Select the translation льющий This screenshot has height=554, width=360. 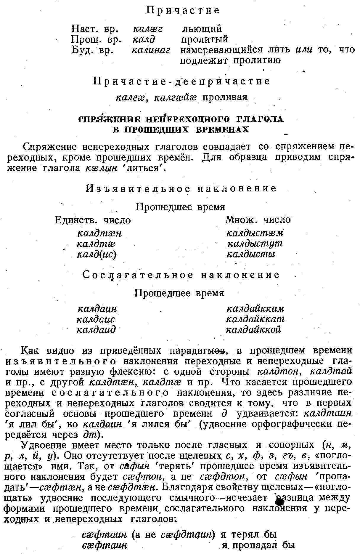tap(201, 29)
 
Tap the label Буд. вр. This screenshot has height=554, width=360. tap(93, 50)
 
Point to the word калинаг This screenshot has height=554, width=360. tap(151, 50)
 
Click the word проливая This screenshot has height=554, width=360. tap(225, 97)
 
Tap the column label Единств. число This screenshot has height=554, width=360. tap(93, 220)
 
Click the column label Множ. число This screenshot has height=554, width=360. tap(258, 220)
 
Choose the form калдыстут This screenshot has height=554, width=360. tap(255, 244)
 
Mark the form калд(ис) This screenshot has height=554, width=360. tap(97, 254)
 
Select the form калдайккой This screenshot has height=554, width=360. tap(253, 329)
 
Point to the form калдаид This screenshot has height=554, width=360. tap(96, 330)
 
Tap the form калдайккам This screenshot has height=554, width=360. tap(255, 309)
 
